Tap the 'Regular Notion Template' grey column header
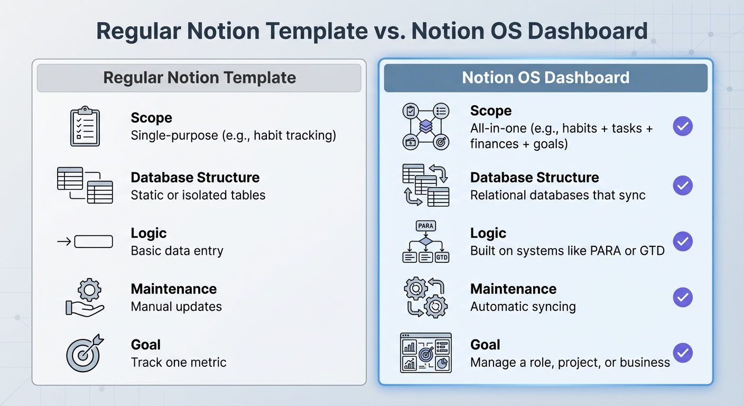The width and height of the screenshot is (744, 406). [x=199, y=78]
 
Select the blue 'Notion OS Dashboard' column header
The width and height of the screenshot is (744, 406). [x=545, y=78]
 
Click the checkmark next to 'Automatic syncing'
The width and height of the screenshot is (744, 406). [x=683, y=297]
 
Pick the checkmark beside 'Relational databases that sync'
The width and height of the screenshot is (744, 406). [x=683, y=186]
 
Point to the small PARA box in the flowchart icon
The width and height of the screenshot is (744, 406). [x=425, y=226]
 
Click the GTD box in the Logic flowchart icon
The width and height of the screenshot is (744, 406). [x=442, y=257]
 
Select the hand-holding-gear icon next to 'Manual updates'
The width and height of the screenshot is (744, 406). [x=85, y=297]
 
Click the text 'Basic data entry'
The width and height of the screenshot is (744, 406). [x=177, y=251]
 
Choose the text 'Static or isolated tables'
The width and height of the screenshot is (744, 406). [x=198, y=195]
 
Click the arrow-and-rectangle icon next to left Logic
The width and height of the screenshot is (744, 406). [x=85, y=242]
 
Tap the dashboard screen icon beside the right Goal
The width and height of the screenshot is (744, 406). [x=425, y=353]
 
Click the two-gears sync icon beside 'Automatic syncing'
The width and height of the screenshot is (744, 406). [x=425, y=297]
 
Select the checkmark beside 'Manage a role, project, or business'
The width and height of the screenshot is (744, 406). [x=683, y=353]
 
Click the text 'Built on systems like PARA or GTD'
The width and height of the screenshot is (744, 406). [x=567, y=251]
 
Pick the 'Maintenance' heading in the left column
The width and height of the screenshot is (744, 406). [x=174, y=289]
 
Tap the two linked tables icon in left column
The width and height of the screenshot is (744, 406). [x=85, y=185]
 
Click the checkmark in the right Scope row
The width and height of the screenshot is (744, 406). [x=683, y=126]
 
